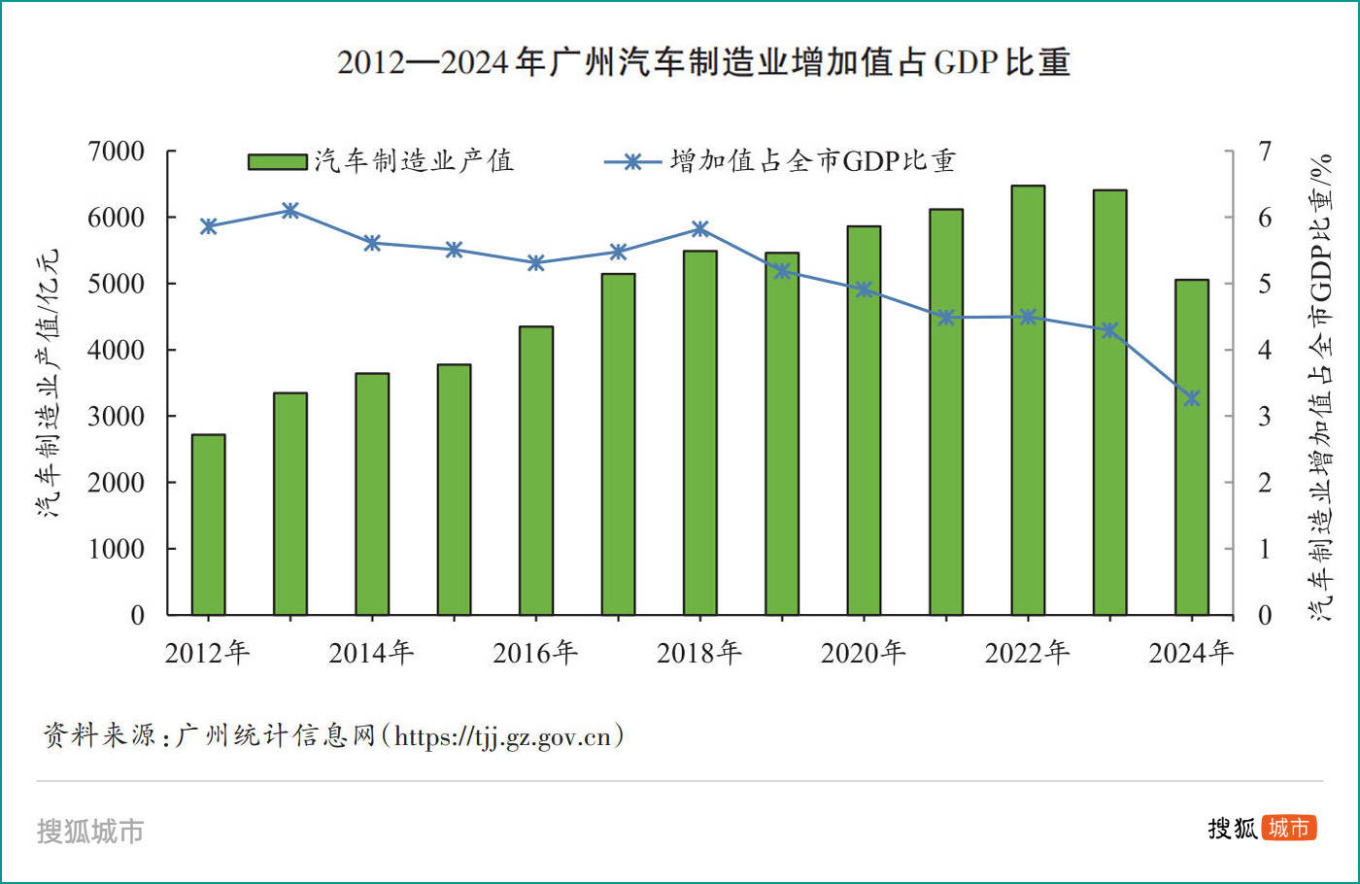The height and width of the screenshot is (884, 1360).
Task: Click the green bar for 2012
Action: tap(208, 525)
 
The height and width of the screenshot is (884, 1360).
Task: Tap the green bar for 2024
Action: tap(1192, 447)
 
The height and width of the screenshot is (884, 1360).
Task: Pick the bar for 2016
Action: tap(536, 471)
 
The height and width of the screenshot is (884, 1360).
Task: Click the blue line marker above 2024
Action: tap(1192, 398)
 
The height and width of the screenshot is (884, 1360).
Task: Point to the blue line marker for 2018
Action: tap(700, 229)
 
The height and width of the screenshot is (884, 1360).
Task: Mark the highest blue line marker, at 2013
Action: tap(290, 211)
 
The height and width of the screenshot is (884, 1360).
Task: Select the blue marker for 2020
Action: tap(865, 289)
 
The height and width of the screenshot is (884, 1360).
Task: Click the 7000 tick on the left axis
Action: tap(116, 152)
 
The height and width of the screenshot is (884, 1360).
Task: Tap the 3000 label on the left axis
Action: tap(116, 417)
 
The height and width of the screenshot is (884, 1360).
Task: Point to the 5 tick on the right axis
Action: tap(1264, 284)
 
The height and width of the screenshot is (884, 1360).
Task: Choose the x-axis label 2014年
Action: tap(371, 653)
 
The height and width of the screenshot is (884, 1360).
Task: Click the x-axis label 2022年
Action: tap(1028, 653)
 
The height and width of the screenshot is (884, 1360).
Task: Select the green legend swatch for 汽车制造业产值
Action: tap(277, 161)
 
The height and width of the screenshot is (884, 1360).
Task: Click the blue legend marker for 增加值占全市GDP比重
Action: tap(632, 162)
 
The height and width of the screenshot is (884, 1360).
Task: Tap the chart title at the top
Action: tap(703, 62)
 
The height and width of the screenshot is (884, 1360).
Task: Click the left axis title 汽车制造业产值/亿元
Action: tap(49, 383)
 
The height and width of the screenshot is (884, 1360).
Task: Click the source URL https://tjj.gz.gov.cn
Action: tap(503, 736)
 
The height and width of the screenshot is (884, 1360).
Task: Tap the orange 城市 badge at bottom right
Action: tap(1289, 828)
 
